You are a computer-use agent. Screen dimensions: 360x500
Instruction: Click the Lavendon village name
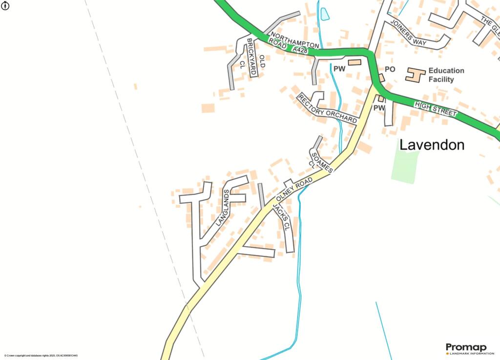[x=432, y=145]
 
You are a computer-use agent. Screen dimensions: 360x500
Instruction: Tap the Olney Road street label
[x=294, y=190]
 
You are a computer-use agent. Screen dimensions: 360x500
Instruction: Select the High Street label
[x=436, y=108]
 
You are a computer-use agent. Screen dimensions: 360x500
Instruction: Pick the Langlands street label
[x=223, y=208]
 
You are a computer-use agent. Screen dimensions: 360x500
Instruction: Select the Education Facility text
[x=446, y=75]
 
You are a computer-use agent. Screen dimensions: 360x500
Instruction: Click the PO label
[x=390, y=69]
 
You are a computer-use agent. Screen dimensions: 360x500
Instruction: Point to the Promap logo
[x=466, y=347]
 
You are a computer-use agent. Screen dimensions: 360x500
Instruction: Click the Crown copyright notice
[x=41, y=356]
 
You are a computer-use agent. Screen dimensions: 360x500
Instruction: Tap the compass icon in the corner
[x=5, y=6]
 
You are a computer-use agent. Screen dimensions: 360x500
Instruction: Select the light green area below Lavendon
[x=405, y=166]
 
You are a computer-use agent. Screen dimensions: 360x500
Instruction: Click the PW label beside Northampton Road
[x=339, y=69]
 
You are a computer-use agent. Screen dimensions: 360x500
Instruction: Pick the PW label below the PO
[x=379, y=107]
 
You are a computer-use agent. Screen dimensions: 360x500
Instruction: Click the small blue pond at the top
[x=325, y=14]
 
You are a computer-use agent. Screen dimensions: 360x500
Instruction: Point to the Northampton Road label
[x=293, y=42]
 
